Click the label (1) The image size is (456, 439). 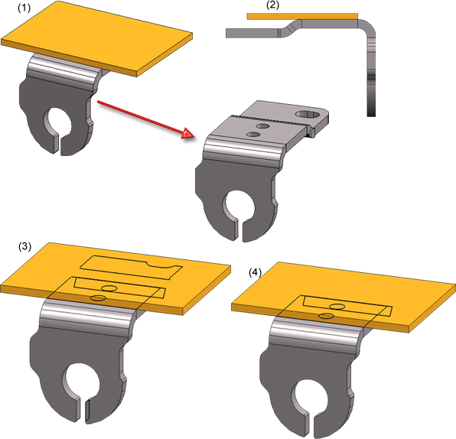point(24,8)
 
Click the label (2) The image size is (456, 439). point(272,5)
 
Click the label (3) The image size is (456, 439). point(24,246)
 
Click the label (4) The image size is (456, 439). point(255,272)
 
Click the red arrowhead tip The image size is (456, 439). point(194,137)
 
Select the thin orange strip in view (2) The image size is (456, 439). point(302,16)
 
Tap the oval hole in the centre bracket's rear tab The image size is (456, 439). point(309,114)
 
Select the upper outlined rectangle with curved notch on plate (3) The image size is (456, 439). point(131,267)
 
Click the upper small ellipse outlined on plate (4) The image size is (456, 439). point(337,306)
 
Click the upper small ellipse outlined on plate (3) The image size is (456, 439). point(109,288)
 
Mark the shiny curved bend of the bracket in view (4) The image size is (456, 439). point(315,333)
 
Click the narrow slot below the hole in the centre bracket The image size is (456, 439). point(239,230)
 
